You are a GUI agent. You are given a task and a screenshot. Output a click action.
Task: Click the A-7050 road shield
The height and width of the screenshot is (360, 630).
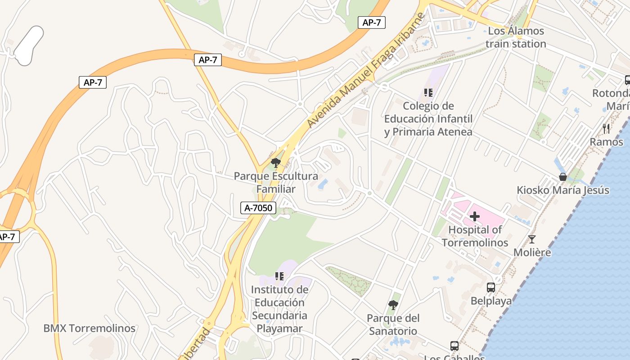(x=258, y=207)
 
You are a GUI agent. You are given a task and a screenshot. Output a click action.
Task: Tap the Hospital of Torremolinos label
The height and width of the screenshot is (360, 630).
(x=475, y=236)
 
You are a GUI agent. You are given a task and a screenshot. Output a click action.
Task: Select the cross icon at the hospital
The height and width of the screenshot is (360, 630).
(x=475, y=216)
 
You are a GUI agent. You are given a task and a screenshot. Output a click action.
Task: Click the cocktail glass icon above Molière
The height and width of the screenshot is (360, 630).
(x=532, y=239)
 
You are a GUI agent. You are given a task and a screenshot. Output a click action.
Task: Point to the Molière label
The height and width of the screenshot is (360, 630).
(x=532, y=252)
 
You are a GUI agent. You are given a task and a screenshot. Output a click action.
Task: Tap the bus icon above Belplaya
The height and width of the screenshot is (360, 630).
(x=491, y=287)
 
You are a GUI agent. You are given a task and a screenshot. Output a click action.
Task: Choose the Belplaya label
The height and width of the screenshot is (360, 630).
(x=491, y=301)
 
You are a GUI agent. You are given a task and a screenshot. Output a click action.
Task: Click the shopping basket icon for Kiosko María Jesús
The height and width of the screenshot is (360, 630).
(x=562, y=177)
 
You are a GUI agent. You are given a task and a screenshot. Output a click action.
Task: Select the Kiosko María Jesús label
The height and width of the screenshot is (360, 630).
(x=562, y=190)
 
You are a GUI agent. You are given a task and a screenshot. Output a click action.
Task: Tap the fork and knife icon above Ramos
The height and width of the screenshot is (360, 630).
(x=606, y=129)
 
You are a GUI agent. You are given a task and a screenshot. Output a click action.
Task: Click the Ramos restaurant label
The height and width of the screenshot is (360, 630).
(x=606, y=142)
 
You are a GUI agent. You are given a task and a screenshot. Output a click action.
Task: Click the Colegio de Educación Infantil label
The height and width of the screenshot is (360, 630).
(x=428, y=119)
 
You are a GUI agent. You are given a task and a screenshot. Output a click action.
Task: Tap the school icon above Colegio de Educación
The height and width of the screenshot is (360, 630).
(x=428, y=93)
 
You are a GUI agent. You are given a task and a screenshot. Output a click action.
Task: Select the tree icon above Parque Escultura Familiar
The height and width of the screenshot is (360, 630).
(x=276, y=162)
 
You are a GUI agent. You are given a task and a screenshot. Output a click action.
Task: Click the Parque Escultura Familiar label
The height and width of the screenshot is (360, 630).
(x=276, y=182)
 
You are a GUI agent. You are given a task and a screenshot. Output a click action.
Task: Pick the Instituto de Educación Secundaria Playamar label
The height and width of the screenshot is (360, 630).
(x=279, y=309)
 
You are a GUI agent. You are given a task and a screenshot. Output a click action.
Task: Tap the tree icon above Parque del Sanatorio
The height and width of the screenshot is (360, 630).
(x=393, y=305)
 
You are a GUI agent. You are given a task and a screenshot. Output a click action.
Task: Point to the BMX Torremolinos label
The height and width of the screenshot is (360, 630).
(x=89, y=328)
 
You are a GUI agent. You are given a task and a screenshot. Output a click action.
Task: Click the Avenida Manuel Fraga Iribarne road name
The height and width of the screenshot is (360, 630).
(x=366, y=70)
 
